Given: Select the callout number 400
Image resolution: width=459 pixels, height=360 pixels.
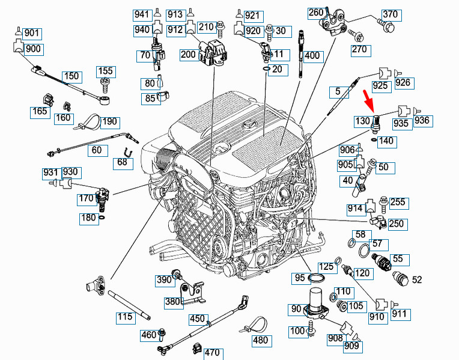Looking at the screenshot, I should click(312, 56).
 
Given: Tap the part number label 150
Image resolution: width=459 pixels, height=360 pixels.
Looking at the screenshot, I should click(71, 76).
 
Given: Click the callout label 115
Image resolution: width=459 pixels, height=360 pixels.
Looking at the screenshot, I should click(125, 316).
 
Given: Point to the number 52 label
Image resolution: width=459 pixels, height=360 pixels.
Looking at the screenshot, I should click(418, 279).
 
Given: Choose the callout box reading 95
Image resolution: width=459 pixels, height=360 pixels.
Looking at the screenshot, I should click(299, 278).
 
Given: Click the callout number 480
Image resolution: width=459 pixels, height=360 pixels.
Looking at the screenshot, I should click(260, 340).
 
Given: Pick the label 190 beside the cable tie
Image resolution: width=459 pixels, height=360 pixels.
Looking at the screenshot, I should click(109, 122).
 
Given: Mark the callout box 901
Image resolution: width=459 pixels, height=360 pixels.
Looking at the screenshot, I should click(32, 33).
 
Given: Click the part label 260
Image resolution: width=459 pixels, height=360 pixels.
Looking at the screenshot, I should click(316, 12).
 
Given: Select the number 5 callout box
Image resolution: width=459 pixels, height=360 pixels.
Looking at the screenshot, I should click(338, 92).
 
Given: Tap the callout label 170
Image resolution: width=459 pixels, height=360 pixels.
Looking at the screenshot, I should click(86, 198).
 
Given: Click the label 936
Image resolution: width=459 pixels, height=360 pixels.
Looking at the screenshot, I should click(423, 121).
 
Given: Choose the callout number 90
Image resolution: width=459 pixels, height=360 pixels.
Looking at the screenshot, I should click(297, 309).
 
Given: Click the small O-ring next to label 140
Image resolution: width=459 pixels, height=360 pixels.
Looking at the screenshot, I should click(375, 140).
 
